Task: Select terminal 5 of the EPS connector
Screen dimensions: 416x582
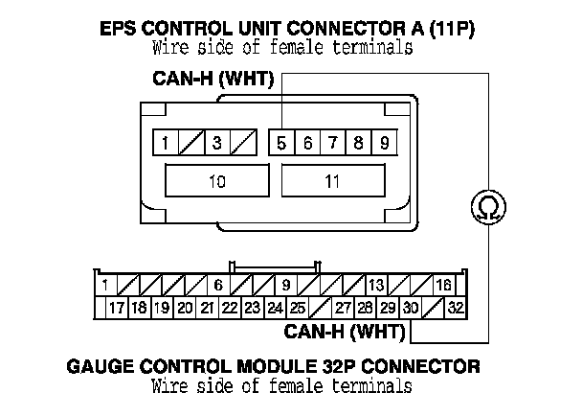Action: [281, 145]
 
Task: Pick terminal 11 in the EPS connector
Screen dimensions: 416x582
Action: [332, 180]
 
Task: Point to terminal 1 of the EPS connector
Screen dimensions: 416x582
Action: [167, 145]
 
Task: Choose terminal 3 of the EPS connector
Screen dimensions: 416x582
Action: [217, 145]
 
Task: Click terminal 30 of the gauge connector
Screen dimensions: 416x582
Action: [411, 308]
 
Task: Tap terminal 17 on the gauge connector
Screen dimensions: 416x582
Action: [116, 308]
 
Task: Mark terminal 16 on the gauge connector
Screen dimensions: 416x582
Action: [443, 285]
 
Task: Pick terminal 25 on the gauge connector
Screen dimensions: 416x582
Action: [298, 308]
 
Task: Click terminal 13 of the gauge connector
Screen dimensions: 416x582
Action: [376, 285]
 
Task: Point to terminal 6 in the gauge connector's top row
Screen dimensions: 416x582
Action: [217, 285]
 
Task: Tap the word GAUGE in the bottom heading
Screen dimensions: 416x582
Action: [103, 366]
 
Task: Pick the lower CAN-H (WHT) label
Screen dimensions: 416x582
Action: [344, 333]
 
